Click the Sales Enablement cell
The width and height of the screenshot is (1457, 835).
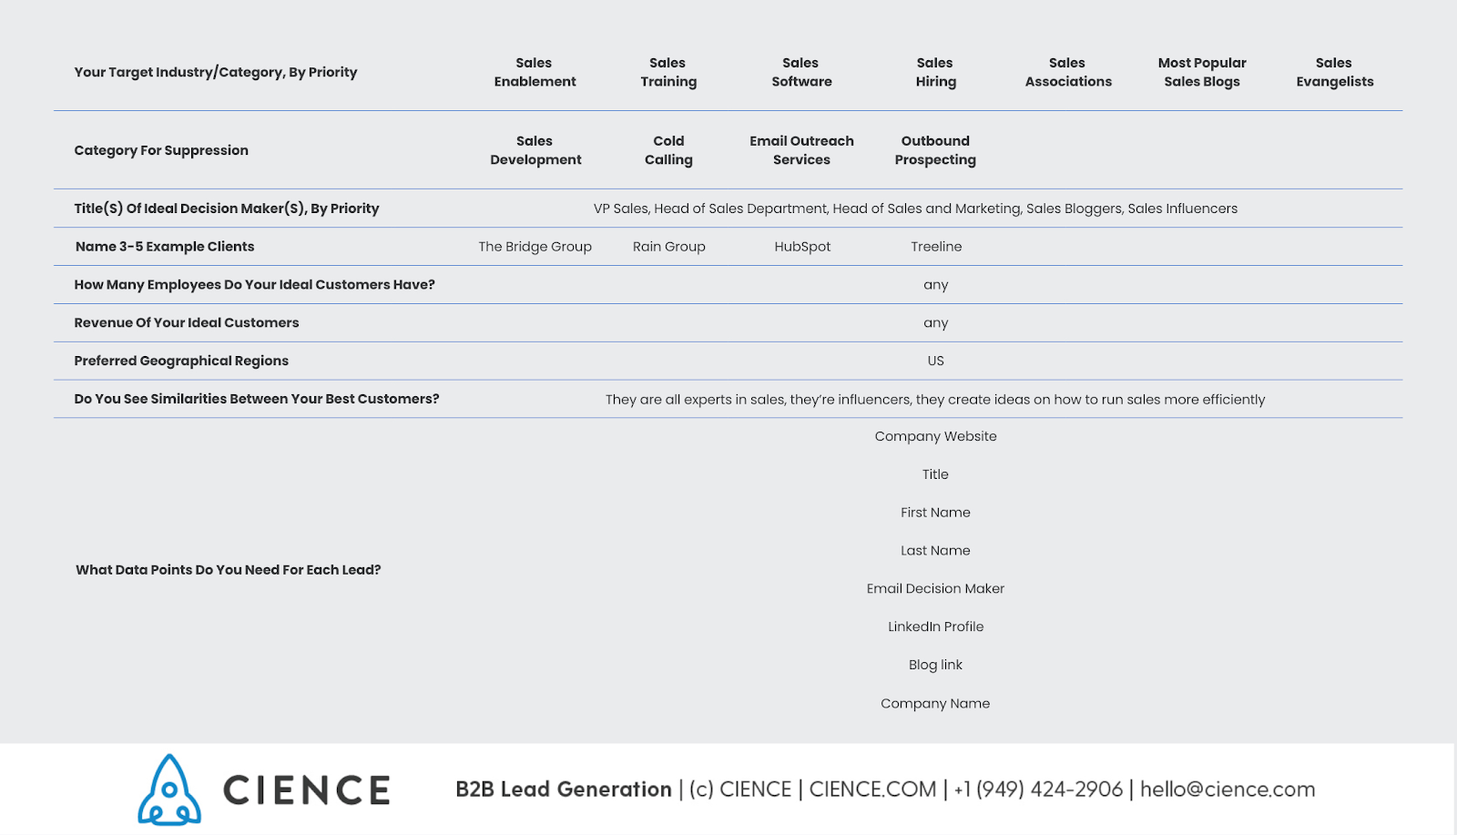pos(535,72)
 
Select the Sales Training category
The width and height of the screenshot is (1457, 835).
pos(668,72)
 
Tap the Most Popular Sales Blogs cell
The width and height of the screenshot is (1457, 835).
pos(1202,72)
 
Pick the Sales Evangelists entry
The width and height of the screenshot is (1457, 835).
pos(1334,72)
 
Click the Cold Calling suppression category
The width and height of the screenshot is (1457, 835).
pos(668,150)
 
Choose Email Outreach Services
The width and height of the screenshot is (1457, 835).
pos(801,150)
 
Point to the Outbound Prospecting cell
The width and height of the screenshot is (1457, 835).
pos(935,150)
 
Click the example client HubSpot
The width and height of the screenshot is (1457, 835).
pos(802,247)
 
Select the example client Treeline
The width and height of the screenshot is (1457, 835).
pos(936,247)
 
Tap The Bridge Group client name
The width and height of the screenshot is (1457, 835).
pos(535,247)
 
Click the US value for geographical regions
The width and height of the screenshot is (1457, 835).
pos(935,361)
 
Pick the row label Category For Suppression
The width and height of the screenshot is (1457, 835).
pos(161,150)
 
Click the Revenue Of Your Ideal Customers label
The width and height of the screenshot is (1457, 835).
pos(187,322)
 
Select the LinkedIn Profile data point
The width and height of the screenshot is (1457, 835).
pos(935,626)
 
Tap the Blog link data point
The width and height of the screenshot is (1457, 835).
pos(935,665)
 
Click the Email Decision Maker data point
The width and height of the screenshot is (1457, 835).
pos(935,588)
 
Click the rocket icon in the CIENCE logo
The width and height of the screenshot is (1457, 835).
pos(169,789)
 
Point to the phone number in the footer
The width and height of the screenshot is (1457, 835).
pos(1038,789)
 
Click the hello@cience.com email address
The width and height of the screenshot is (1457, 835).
pos(1228,789)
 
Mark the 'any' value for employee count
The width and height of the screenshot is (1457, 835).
pos(935,285)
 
